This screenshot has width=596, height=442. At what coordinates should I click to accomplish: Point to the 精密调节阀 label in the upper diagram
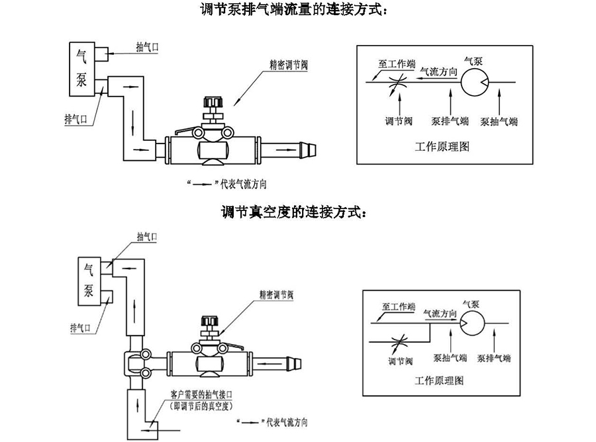284,66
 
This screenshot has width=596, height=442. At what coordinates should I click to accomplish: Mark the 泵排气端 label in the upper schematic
450,122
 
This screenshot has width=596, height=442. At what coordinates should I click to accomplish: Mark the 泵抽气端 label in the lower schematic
450,358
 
